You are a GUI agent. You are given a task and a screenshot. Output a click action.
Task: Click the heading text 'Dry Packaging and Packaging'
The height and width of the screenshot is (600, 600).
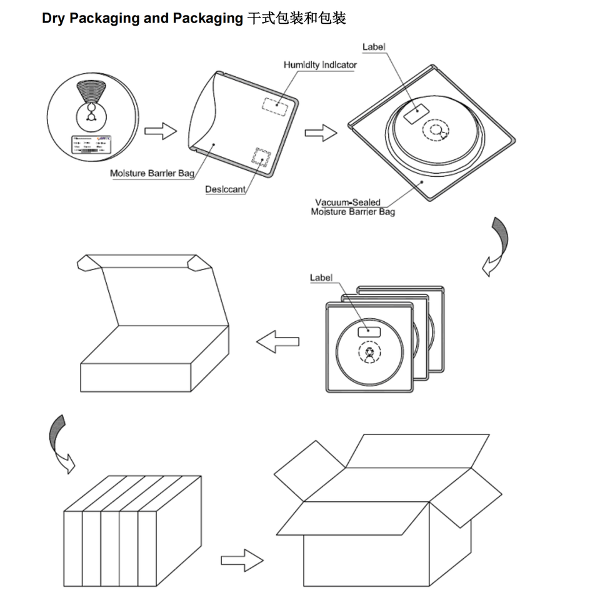[142, 18]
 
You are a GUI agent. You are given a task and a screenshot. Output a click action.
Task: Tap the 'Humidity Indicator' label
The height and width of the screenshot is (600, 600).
[320, 65]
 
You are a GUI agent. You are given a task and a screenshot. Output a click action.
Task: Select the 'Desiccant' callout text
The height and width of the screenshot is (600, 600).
[225, 189]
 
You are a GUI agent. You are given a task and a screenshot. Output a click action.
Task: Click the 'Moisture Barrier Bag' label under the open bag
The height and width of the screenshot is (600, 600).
[152, 173]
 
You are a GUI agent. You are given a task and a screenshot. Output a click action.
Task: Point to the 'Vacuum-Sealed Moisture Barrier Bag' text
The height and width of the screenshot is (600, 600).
[353, 207]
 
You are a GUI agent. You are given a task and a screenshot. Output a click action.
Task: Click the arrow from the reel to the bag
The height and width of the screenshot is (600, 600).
[161, 132]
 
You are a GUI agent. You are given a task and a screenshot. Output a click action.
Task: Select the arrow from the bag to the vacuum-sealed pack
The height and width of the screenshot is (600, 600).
[321, 132]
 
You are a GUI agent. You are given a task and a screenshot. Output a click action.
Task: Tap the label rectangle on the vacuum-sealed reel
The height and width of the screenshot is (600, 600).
[414, 113]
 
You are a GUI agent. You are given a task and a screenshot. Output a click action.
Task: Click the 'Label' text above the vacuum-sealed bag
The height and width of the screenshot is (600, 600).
[374, 47]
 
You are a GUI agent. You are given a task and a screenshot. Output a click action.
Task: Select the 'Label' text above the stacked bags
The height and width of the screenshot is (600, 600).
[321, 277]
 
